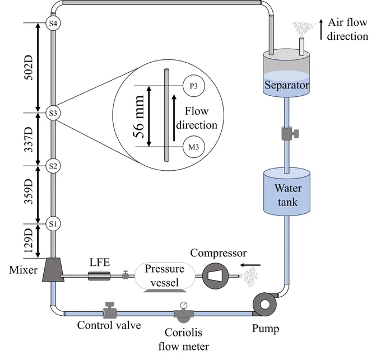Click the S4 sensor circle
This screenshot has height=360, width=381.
(x=53, y=24)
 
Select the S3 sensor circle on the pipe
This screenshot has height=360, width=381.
(x=53, y=113)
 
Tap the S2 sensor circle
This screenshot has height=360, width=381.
(x=53, y=166)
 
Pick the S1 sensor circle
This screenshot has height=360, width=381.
(x=53, y=224)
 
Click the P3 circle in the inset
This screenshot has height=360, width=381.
(x=194, y=86)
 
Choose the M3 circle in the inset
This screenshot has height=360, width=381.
(x=194, y=147)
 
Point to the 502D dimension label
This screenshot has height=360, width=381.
(x=29, y=68)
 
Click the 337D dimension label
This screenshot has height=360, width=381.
(x=29, y=139)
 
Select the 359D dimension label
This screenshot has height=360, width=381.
(x=29, y=192)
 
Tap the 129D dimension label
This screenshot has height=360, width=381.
(x=29, y=240)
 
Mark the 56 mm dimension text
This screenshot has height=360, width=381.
(x=139, y=116)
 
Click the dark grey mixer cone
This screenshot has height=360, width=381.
(x=53, y=269)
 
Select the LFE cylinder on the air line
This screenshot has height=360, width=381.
(x=99, y=276)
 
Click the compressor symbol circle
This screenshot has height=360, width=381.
(x=216, y=276)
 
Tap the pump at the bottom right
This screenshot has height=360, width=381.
(x=264, y=304)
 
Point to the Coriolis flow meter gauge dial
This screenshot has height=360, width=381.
(x=184, y=305)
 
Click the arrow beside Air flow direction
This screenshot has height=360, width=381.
(x=321, y=30)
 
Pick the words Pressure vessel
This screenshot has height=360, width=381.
(x=165, y=275)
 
